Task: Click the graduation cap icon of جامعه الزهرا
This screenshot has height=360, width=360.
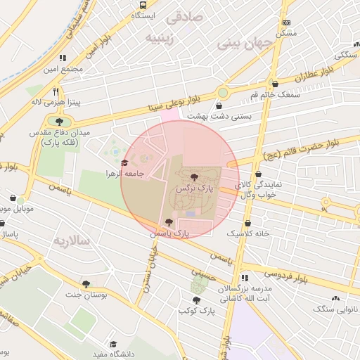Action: pos(124,163)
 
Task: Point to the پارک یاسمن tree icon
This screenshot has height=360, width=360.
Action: pos(167,222)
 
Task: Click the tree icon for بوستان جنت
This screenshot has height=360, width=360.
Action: pos(86,284)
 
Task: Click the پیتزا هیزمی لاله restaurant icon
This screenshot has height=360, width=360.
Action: pos(56,91)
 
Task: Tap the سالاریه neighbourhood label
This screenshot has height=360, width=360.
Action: pos(70,240)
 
